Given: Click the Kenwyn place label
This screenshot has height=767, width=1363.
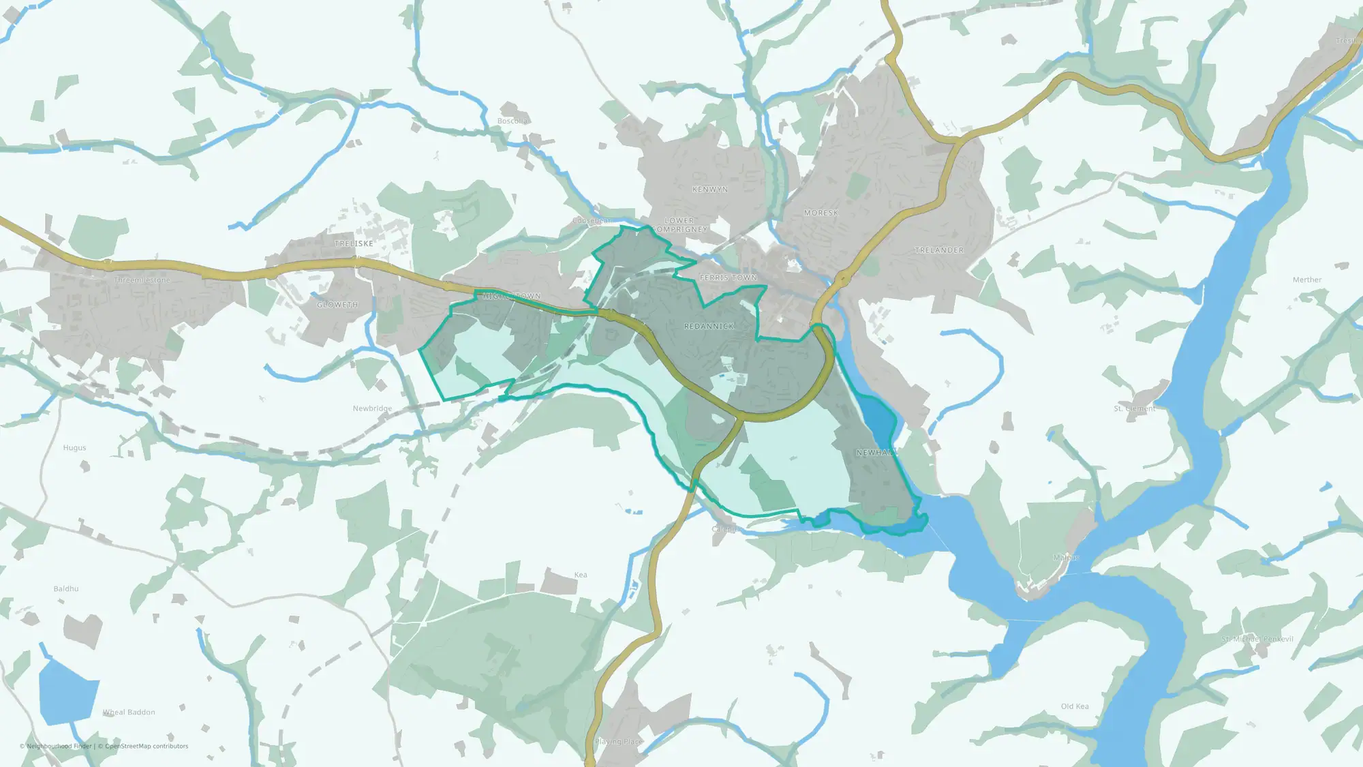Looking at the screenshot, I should click(709, 190).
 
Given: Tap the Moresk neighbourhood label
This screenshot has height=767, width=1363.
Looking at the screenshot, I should click(821, 213).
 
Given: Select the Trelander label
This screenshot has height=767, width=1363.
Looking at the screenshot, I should click(939, 250).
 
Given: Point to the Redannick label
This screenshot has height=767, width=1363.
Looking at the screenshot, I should click(709, 327).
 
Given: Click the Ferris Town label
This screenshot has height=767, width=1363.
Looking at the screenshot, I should click(728, 278).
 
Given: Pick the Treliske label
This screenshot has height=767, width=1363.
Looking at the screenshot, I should click(354, 243).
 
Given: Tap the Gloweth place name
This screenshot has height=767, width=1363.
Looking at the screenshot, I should click(337, 305).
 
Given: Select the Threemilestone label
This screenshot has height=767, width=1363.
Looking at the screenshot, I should click(142, 280).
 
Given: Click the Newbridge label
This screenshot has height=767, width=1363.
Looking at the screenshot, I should click(372, 408).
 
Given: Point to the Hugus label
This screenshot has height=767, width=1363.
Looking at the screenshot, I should click(74, 448).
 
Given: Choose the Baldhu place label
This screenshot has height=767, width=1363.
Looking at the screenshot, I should click(66, 588).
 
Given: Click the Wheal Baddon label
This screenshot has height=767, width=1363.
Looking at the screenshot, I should click(129, 712).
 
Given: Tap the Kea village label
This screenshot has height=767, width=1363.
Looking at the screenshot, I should click(581, 575).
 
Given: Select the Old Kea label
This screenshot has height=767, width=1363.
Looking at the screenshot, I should click(1074, 706).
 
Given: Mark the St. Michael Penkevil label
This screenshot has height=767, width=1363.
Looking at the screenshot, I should click(1257, 639).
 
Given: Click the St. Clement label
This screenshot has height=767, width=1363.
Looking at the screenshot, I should click(1134, 409).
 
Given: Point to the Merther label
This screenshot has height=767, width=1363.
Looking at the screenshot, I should click(1306, 280).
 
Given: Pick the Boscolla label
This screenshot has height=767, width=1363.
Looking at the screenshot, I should click(512, 121).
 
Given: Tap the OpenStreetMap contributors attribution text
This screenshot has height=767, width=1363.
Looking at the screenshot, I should click(147, 746).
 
